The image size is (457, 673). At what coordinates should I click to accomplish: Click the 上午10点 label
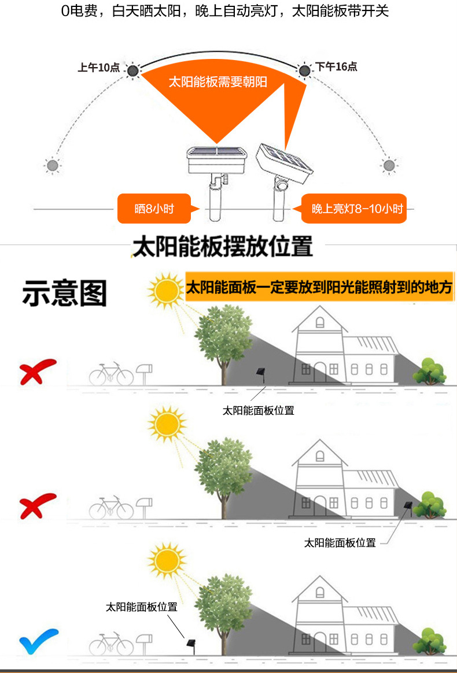point(98,68)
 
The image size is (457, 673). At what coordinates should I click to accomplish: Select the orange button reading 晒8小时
point(154,209)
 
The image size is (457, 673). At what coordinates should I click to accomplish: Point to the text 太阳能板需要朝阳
point(218,82)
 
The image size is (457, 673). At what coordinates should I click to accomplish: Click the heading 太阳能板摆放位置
point(223,246)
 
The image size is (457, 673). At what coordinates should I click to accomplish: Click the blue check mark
point(38,642)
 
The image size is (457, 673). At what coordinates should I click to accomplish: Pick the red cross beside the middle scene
point(38,506)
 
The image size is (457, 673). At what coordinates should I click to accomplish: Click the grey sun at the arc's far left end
point(53,166)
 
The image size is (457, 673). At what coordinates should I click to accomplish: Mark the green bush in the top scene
point(429,371)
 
